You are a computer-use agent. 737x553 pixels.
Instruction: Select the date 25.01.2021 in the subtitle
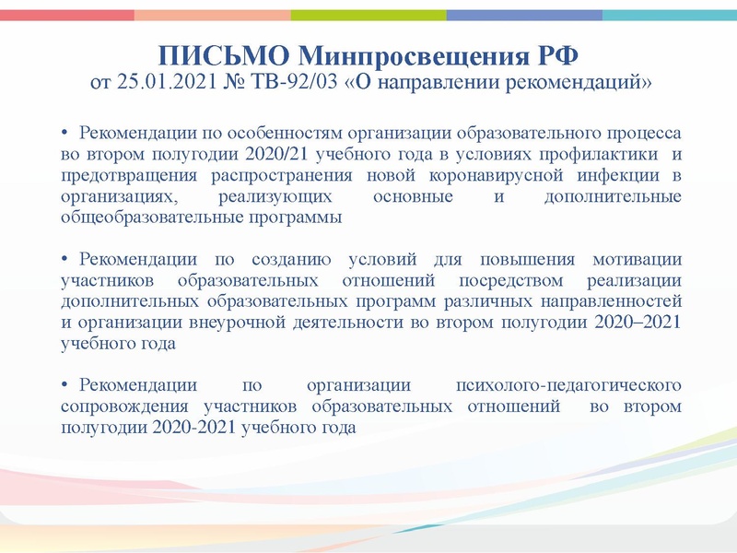(x=168, y=84)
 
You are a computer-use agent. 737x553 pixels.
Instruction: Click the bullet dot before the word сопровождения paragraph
(x=65, y=382)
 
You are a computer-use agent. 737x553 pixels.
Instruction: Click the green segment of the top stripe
(x=368, y=15)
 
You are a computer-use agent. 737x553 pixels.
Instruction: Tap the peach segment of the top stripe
(x=213, y=15)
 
